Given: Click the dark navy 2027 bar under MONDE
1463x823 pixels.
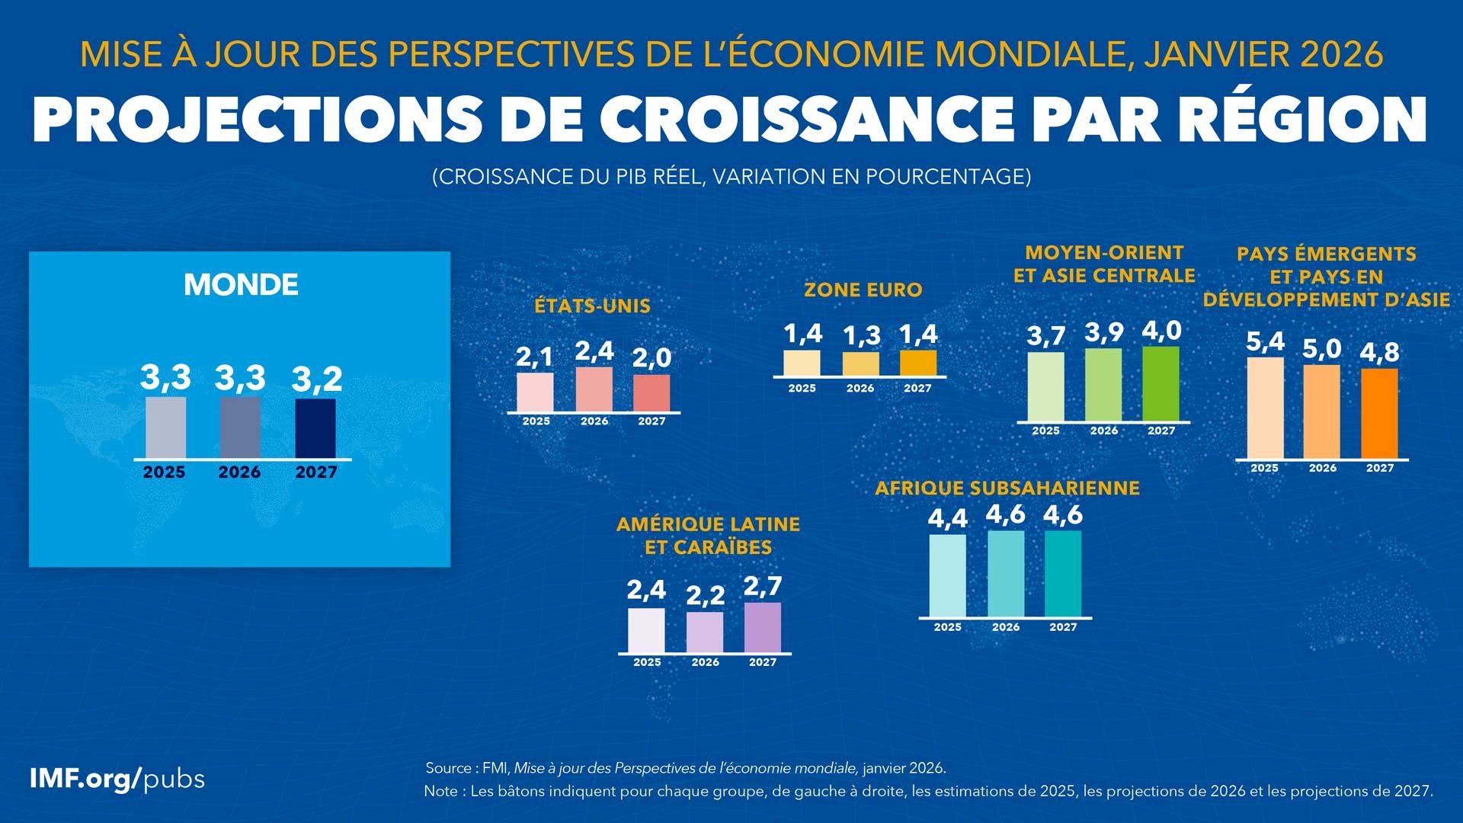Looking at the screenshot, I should (315, 428).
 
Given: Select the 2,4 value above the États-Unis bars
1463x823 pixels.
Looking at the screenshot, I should (594, 351).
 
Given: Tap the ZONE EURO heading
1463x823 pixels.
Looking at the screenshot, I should (863, 290).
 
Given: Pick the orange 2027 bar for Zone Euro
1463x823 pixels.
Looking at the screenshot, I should (918, 363).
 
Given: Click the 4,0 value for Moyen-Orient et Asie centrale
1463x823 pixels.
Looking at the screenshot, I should (1161, 331).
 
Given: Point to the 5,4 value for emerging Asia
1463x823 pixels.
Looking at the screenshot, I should (1265, 341).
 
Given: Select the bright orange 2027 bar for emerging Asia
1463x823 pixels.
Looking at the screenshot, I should (1379, 414).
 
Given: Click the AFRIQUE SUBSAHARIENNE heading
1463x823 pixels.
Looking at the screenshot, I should (1007, 488).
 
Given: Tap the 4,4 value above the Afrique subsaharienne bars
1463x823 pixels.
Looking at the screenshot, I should (947, 518).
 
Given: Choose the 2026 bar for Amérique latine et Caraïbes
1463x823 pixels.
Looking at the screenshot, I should (705, 632).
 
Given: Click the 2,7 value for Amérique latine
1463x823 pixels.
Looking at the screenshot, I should (762, 586).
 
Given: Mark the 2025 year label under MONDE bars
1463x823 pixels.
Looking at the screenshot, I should (164, 472).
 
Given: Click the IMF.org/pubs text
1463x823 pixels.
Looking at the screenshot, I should (117, 779).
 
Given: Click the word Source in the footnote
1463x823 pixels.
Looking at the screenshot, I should (448, 767).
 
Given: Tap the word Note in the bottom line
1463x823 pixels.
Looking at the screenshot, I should (441, 791).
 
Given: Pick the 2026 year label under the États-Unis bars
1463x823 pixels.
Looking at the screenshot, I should (594, 421).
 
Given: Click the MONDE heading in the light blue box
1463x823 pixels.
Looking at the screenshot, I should (241, 285).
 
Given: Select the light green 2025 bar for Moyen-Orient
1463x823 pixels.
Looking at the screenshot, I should (1045, 386).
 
